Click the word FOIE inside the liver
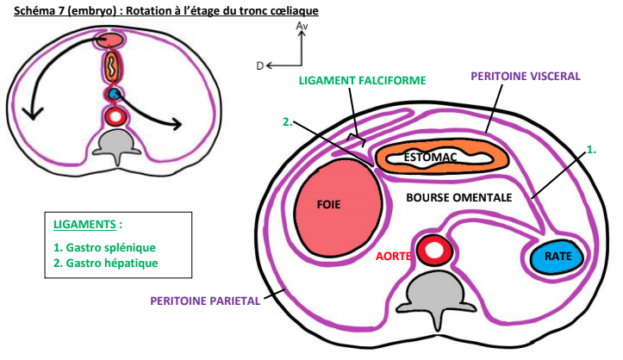click(329, 207)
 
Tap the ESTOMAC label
click(431, 157)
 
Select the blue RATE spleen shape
click(552, 256)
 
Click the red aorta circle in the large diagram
click(433, 251)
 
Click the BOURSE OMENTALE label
click(459, 197)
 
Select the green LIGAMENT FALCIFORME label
click(362, 81)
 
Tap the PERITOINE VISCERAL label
click(526, 76)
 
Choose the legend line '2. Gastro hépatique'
click(105, 263)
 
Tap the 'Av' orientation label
click(302, 28)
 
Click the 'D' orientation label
click(259, 65)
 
